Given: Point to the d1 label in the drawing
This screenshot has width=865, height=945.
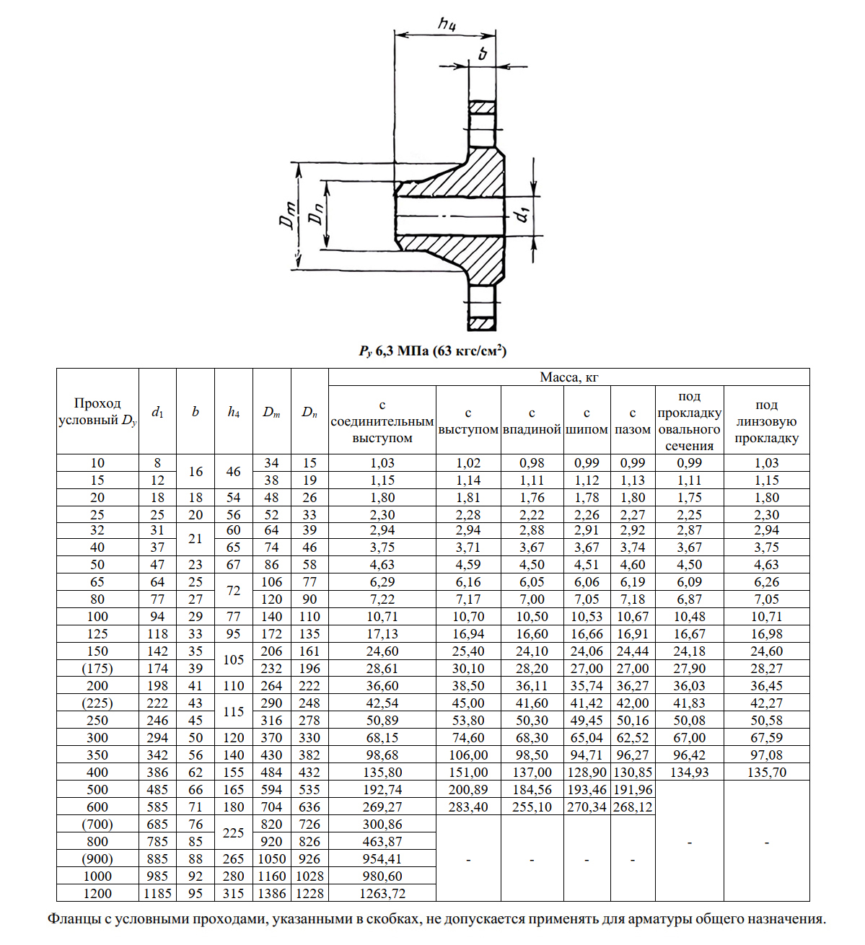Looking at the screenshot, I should pyautogui.click(x=523, y=214).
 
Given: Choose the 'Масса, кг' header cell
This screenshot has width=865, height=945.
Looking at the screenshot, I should pyautogui.click(x=568, y=377).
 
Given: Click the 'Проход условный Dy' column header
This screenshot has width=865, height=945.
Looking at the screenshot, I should pyautogui.click(x=97, y=412).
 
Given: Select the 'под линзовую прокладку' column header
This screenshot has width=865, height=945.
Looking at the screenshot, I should pyautogui.click(x=766, y=421).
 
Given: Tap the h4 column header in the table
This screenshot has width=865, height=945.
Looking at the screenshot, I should pyautogui.click(x=234, y=412).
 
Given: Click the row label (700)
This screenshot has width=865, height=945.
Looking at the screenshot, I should pyautogui.click(x=97, y=825).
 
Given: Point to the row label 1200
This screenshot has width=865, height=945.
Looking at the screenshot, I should pyautogui.click(x=97, y=894).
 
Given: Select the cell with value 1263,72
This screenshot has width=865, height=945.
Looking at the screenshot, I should pyautogui.click(x=382, y=894).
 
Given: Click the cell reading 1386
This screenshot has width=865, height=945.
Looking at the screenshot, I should pyautogui.click(x=272, y=894).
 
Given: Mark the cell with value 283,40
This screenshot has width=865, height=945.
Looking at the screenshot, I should pyautogui.click(x=468, y=807).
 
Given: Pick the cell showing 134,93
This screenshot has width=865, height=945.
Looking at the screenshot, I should pyautogui.click(x=689, y=773).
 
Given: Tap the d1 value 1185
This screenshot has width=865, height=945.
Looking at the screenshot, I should pyautogui.click(x=157, y=894).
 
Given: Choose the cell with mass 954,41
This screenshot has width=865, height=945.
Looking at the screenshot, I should pyautogui.click(x=382, y=859).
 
